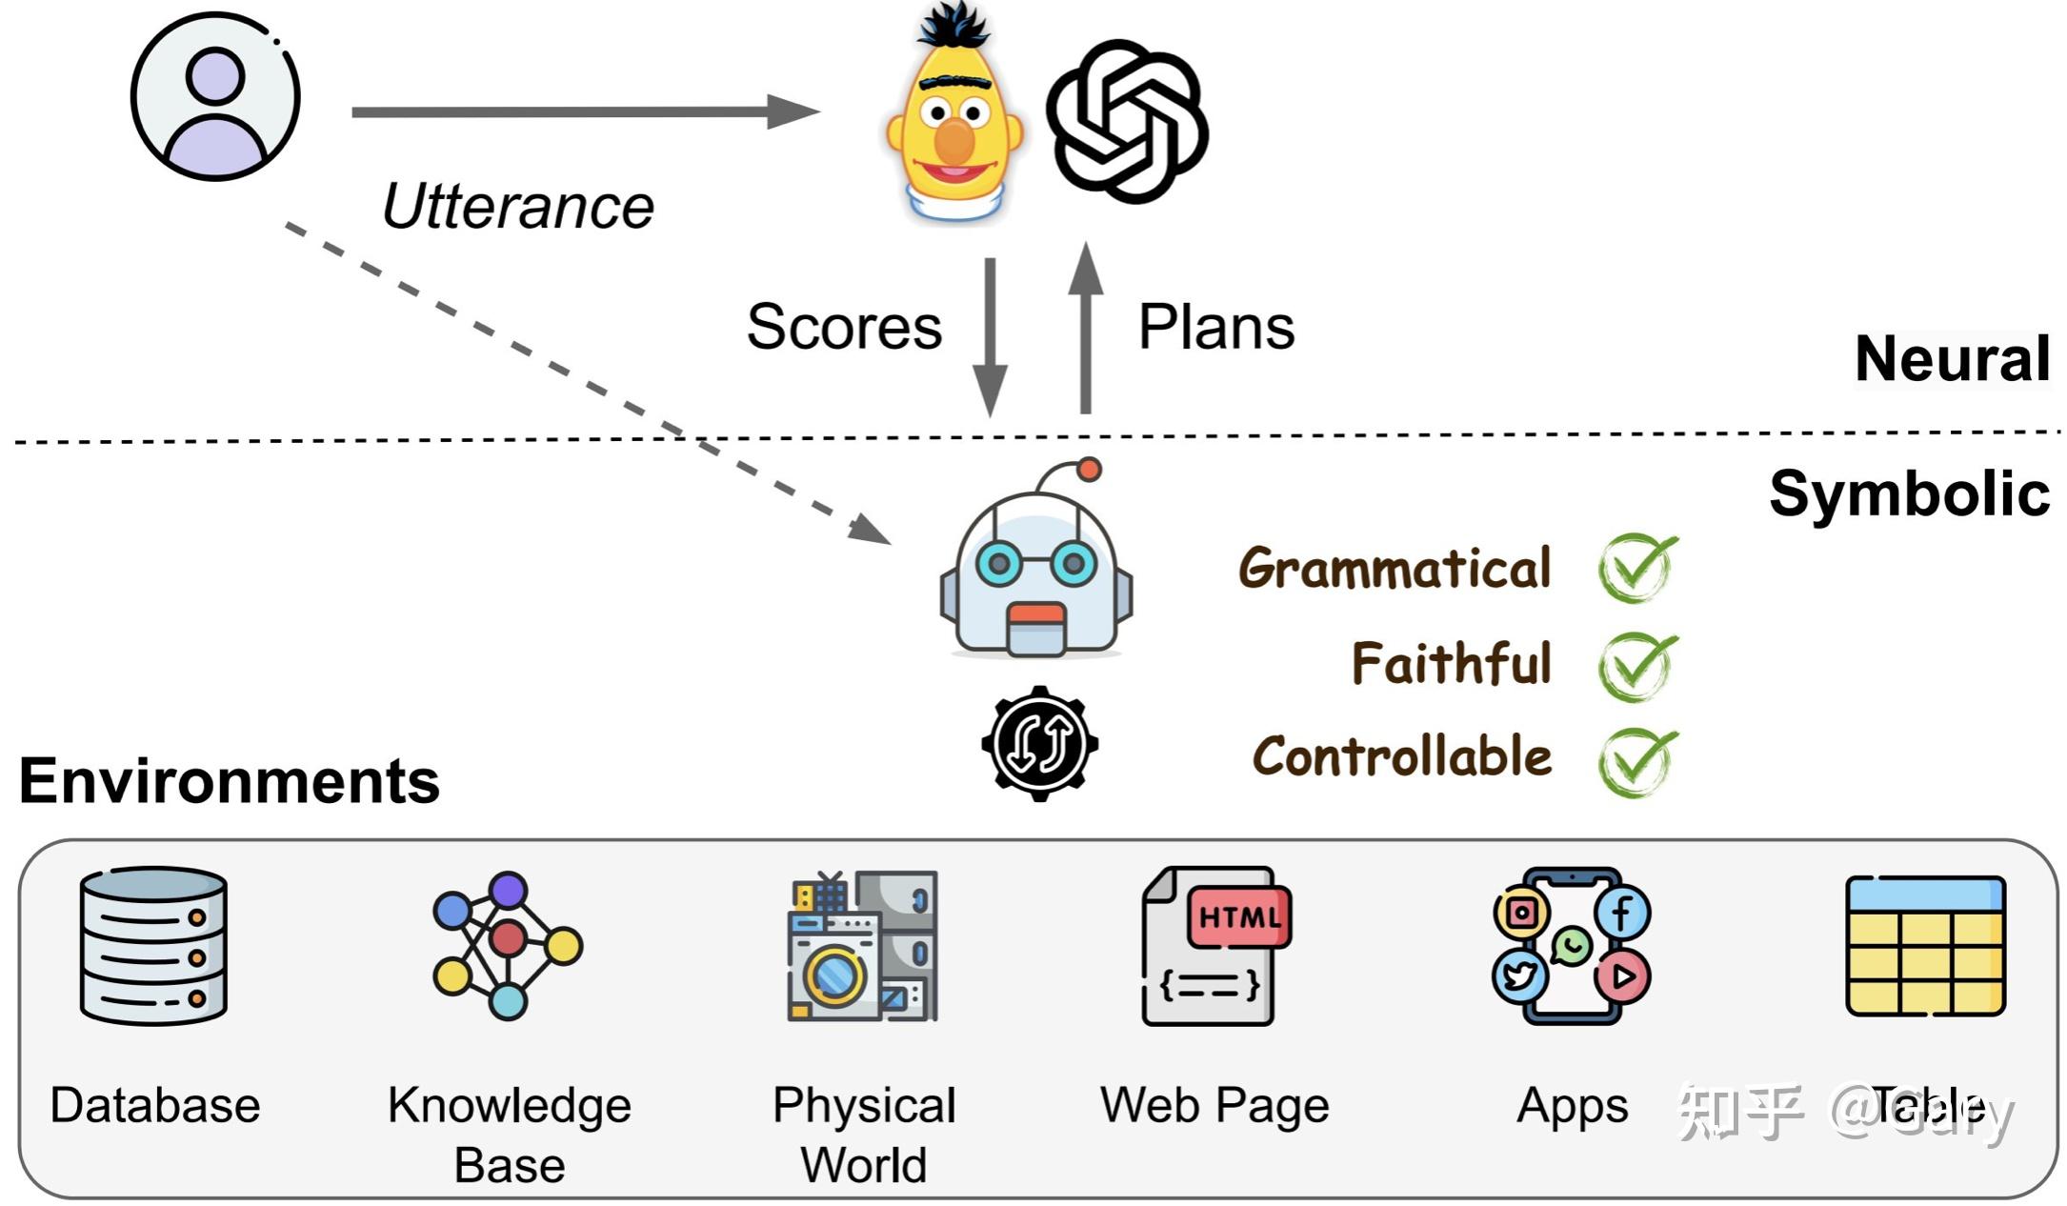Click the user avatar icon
[215, 96]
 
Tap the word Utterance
[518, 207]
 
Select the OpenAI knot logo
[1127, 121]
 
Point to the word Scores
[844, 327]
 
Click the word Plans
[1216, 327]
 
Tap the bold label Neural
[1952, 359]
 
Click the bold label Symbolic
[1909, 493]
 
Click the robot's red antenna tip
[1090, 469]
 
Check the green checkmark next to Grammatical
[1636, 567]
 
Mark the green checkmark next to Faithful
[1636, 665]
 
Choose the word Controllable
[1401, 757]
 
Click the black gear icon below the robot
[1039, 743]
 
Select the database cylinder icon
[153, 944]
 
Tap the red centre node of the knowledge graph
[508, 938]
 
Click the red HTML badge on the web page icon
[1238, 916]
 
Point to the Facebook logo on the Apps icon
[1622, 912]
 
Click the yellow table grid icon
[1925, 947]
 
